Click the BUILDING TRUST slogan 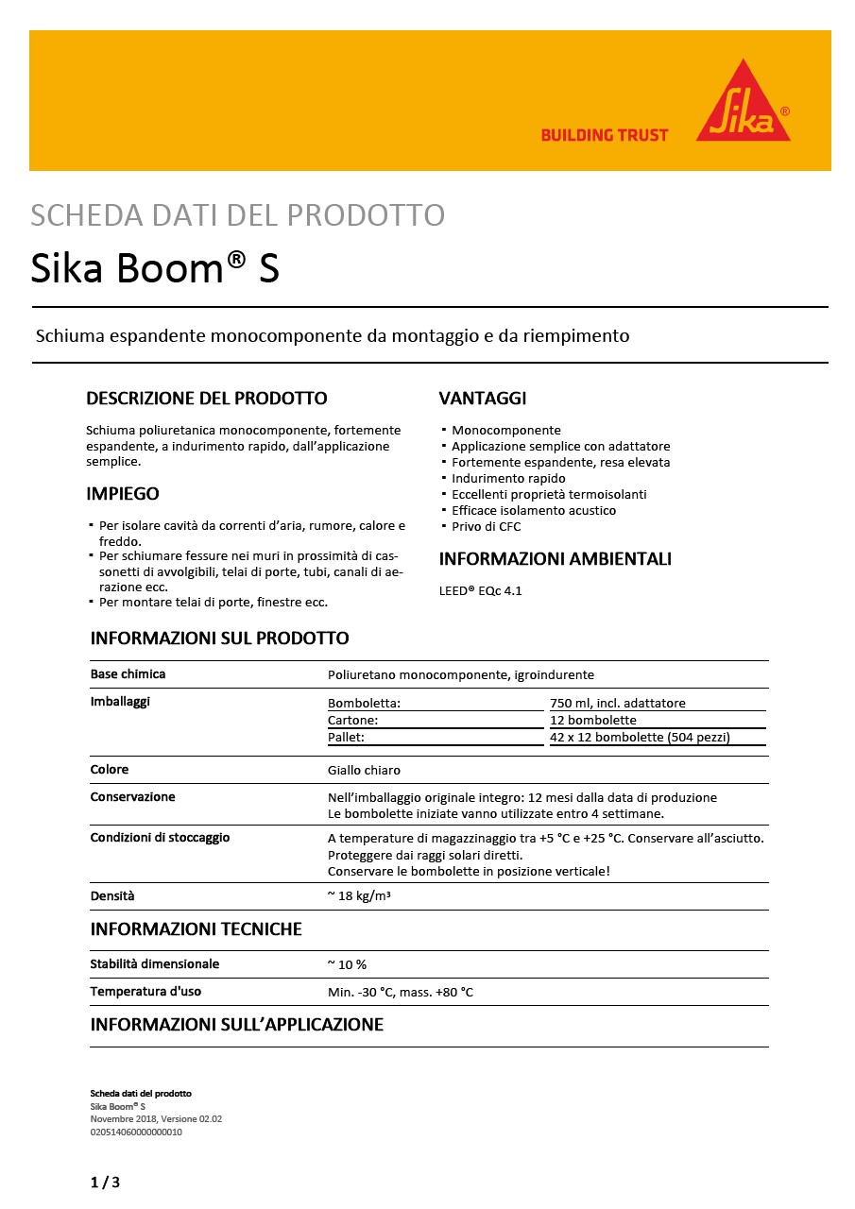coord(604,135)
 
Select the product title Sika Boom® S coord(155,269)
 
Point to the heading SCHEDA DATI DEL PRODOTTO coord(237,215)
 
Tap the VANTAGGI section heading coord(483,398)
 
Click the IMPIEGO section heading coord(123,494)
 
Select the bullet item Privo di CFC coord(486,526)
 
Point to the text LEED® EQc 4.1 coord(480,591)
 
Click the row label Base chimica coord(128,674)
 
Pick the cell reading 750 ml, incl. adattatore coord(618,703)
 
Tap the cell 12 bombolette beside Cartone coord(593,720)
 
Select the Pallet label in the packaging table coord(346,737)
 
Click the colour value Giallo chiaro coord(364,770)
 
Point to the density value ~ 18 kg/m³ coord(359,895)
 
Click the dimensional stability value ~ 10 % coord(347,964)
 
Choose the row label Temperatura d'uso coord(145,992)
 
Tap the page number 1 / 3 coord(105,1183)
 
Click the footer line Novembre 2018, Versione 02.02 coord(156,1118)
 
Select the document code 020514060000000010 coord(136,1132)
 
